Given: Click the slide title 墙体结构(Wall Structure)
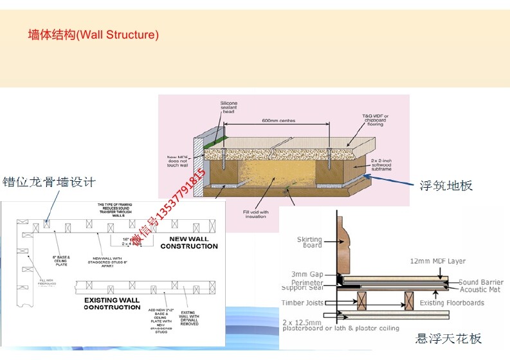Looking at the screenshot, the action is coord(93,35).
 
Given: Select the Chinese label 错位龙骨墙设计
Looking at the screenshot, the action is coord(50,182).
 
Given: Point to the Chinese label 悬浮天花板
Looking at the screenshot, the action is coord(449,338).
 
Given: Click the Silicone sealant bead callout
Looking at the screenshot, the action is coord(229,107).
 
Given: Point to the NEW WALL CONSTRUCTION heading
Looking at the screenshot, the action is coord(189,242).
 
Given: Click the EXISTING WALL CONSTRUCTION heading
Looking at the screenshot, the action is coord(112,303).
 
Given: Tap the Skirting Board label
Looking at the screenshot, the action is coord(309,242).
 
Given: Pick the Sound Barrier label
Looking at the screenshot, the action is coord(480,282).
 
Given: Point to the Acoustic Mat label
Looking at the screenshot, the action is coord(478,290).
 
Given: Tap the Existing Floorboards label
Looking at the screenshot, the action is coord(451,303).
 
